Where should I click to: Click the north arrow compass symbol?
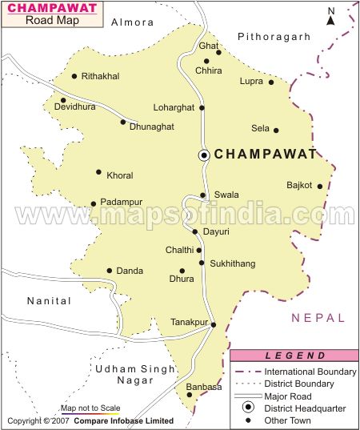(330, 15)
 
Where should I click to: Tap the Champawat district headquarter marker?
(205, 155)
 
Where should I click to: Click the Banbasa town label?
(203, 387)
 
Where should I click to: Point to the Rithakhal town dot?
(74, 77)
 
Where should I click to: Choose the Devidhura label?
(74, 106)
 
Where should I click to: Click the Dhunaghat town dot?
(123, 122)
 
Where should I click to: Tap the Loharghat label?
(174, 107)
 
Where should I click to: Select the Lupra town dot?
(271, 82)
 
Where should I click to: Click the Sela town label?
(260, 128)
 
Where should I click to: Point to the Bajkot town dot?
(320, 187)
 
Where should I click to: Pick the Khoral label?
(119, 175)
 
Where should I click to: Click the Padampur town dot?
(94, 203)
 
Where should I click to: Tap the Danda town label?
(130, 271)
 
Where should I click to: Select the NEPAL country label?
(318, 318)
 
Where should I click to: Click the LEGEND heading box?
(295, 356)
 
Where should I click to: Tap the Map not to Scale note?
(90, 408)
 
